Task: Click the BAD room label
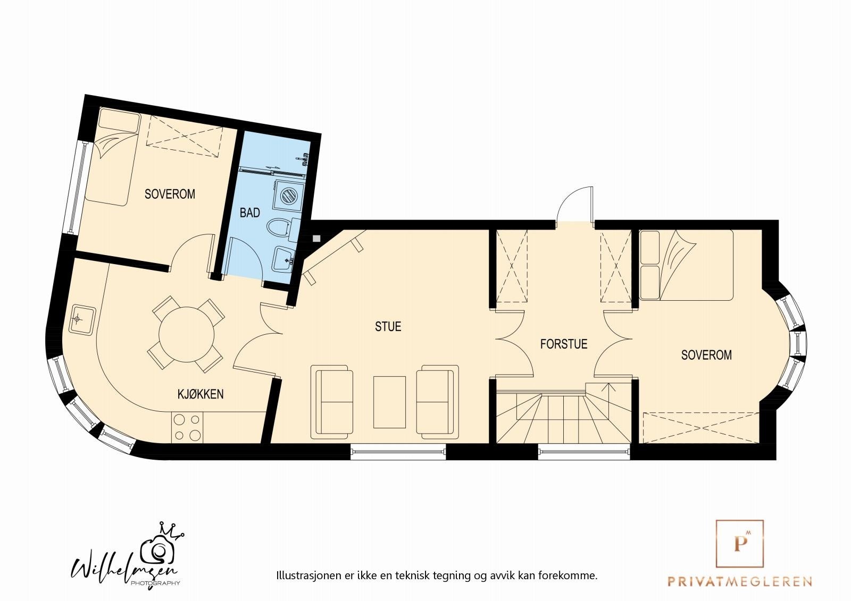[x=249, y=213]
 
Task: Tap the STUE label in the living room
[x=388, y=327]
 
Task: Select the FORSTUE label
[x=563, y=344]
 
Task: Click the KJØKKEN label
[x=200, y=394]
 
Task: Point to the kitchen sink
[x=81, y=319]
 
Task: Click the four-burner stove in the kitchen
[x=187, y=428]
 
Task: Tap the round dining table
[x=187, y=334]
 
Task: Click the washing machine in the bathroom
[x=287, y=195]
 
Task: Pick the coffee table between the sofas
[x=389, y=402]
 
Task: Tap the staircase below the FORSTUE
[x=564, y=418]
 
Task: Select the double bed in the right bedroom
[x=686, y=264]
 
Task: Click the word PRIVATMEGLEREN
[x=740, y=581]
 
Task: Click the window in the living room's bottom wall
[x=398, y=452]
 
